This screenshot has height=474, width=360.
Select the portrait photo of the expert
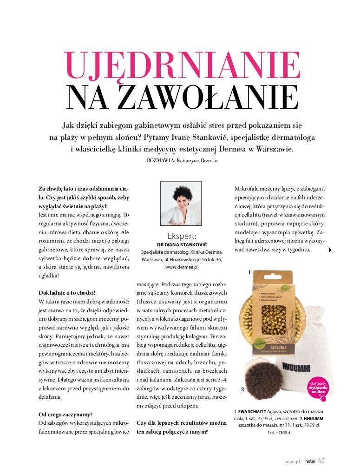tap(181, 203)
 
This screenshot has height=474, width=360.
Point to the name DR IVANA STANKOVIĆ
tap(181, 244)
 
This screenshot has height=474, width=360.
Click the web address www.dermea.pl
tap(182, 268)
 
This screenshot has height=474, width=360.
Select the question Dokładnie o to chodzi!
tap(67, 293)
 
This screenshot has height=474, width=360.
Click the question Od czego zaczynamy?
tap(65, 414)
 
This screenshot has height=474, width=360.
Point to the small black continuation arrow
tap(330, 250)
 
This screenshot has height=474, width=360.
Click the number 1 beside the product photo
tap(249, 273)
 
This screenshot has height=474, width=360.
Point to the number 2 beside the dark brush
tap(242, 389)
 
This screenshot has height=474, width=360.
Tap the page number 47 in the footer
tap(321, 461)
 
